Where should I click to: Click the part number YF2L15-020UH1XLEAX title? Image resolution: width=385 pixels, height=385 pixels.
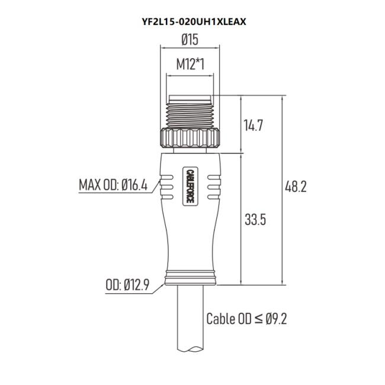[194, 22]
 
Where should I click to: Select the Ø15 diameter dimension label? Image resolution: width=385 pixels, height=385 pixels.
[190, 40]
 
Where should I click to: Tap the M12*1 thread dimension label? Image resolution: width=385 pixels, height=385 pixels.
[190, 65]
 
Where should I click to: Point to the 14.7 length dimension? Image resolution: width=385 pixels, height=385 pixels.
[253, 125]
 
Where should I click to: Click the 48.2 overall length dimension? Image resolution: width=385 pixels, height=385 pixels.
[296, 187]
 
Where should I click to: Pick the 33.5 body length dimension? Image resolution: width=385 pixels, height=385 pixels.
[255, 219]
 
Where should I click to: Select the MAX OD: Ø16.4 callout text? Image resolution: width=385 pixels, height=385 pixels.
[113, 185]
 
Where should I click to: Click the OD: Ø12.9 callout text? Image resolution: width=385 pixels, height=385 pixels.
[127, 285]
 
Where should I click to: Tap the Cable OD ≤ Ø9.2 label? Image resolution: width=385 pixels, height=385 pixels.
[246, 319]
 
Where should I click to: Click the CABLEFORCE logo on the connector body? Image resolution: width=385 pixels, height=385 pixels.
[190, 186]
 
